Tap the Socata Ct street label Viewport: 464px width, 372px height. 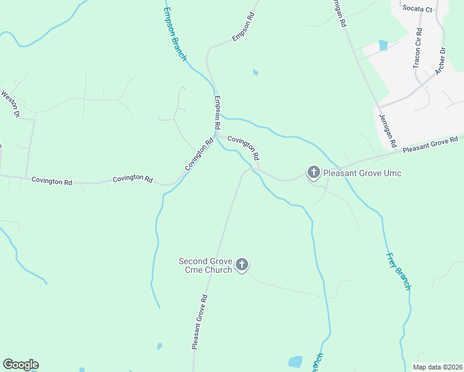pos(417,9)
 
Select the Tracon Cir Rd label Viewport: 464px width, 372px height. pos(418,48)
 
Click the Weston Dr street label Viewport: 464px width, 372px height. pos(11,104)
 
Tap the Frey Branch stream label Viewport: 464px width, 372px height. pos(398,271)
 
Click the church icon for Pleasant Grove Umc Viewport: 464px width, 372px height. pos(314,172)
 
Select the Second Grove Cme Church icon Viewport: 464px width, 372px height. pos(242,265)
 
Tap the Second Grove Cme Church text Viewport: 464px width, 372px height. pos(205,265)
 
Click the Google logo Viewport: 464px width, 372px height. pos(20,365)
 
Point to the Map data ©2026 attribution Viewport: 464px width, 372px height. pos(437,367)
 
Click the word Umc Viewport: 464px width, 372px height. pos(392,173)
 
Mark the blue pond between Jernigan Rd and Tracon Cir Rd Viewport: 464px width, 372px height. pos(383,45)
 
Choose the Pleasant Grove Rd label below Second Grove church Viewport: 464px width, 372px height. pos(199,322)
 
